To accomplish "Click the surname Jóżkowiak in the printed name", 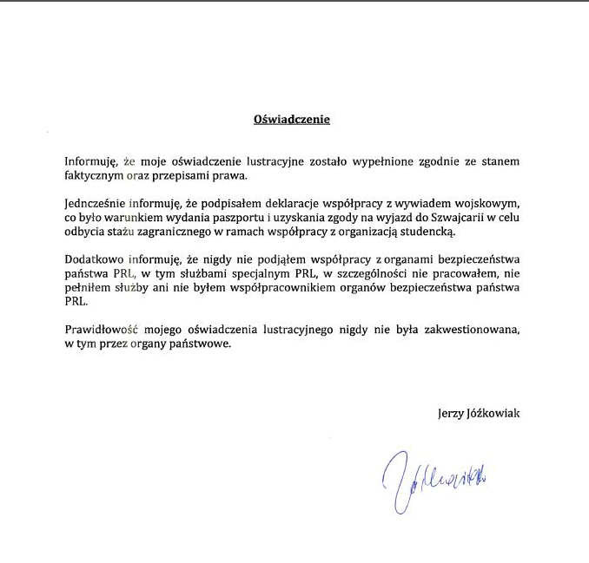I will coord(495,413).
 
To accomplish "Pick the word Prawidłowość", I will coord(100,330).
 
